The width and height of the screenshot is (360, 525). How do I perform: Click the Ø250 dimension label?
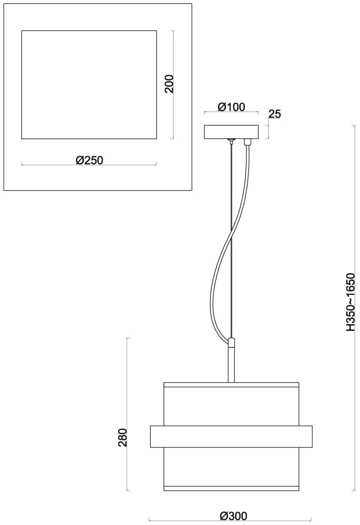pos(89,160)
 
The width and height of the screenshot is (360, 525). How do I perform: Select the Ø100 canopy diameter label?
pos(231,107)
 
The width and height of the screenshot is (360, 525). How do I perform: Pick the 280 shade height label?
pos(123,437)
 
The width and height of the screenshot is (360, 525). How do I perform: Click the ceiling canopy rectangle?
pos(231,132)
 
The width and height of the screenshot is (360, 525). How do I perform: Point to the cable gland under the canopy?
pos(247,142)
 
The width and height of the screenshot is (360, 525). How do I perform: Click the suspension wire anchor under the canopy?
pos(231,141)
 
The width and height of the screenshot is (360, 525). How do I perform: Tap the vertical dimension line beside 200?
pos(173,85)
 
